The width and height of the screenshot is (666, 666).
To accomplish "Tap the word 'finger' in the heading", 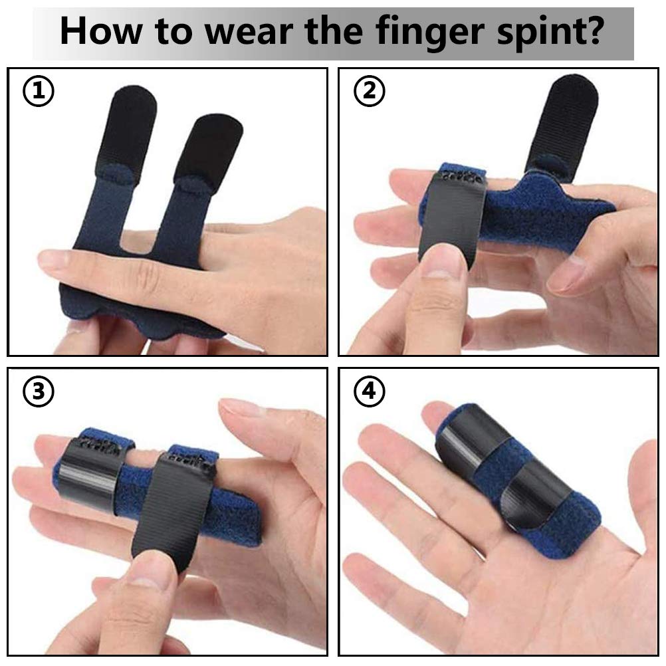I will coord(419,33).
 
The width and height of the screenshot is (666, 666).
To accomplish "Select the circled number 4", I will coord(369,392).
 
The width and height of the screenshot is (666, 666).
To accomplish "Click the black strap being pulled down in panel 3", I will coord(171,505).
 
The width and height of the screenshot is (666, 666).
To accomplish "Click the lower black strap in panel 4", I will coord(536,495).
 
